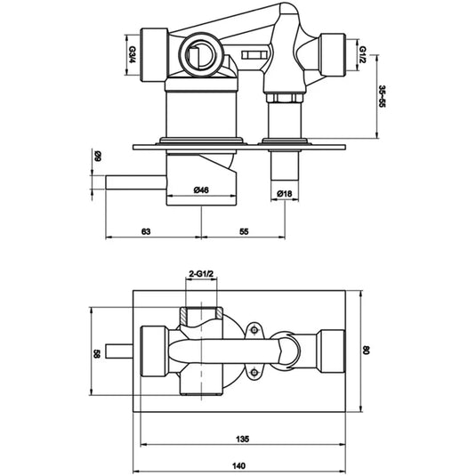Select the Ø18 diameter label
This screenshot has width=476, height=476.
click(285, 194)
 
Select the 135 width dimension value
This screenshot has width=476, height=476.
click(240, 438)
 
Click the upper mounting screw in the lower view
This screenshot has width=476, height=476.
click(255, 333)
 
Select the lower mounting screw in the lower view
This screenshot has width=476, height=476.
click(255, 371)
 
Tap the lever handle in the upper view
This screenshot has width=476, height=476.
click(133, 182)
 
